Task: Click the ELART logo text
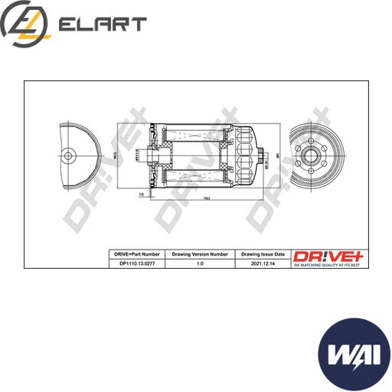102,24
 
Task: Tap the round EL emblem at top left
25,24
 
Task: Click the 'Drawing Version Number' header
200,253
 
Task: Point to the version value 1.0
200,263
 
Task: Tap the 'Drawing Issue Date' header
263,253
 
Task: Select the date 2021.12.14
263,263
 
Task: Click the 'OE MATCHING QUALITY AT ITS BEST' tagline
322,264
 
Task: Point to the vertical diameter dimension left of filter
114,155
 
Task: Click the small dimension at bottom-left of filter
142,196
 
